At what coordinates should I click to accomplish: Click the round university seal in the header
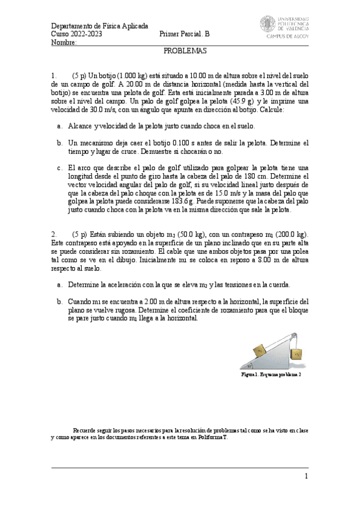pyautogui.click(x=268, y=25)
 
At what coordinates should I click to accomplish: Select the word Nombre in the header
pyautogui.click(x=63, y=42)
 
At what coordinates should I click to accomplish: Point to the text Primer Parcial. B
pyautogui.click(x=185, y=34)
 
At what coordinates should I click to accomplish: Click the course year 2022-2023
pyautogui.click(x=90, y=34)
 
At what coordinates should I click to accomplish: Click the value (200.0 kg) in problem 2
pyautogui.click(x=290, y=233)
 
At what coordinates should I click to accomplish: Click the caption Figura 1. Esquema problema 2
pyautogui.click(x=270, y=374)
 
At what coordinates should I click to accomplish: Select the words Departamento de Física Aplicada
pyautogui.click(x=99, y=26)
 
